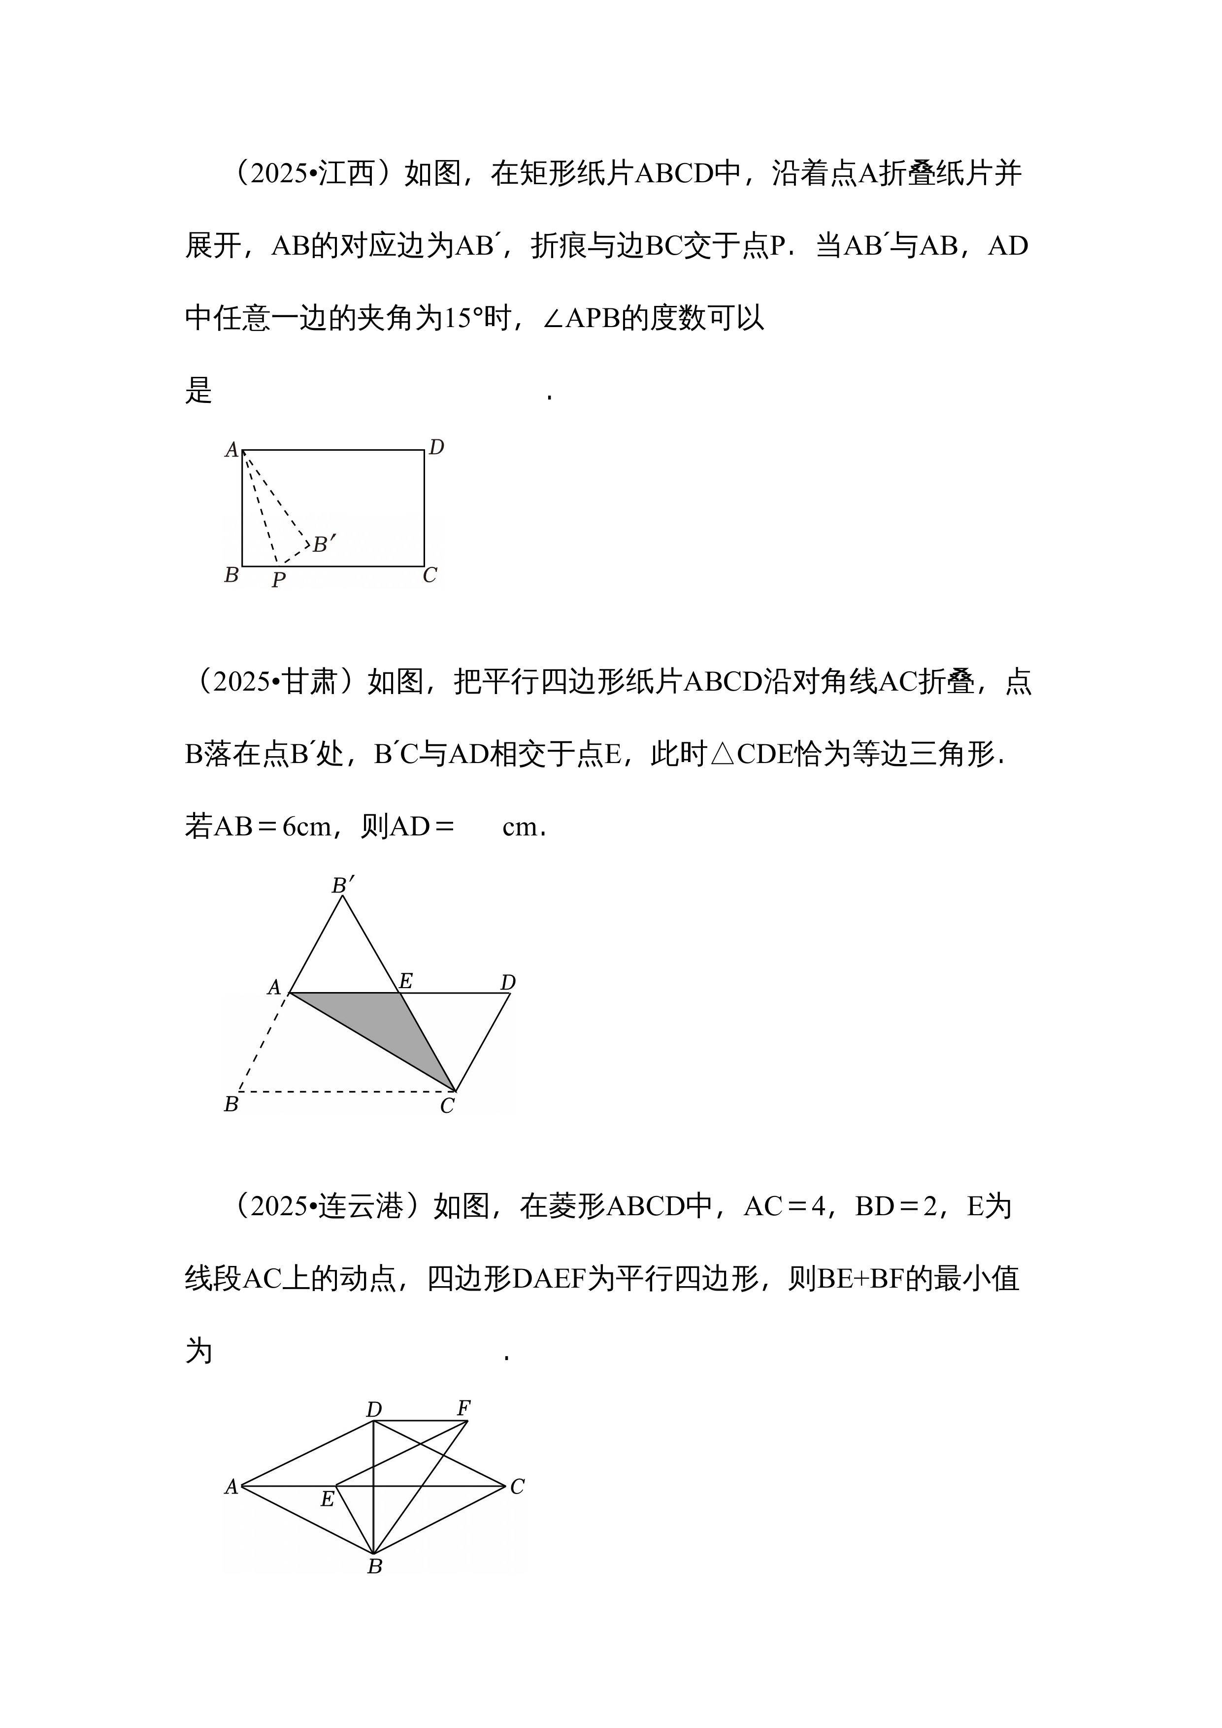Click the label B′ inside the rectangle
click(x=324, y=543)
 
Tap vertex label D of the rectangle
click(x=436, y=448)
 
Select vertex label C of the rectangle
click(x=429, y=575)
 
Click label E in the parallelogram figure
click(x=405, y=981)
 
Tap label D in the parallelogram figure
click(x=508, y=982)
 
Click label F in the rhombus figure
click(x=464, y=1407)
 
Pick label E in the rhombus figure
click(x=328, y=1499)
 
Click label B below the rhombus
click(x=375, y=1566)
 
